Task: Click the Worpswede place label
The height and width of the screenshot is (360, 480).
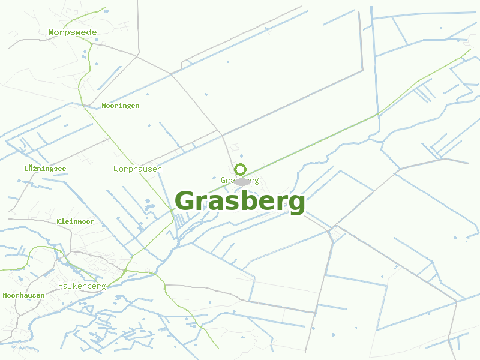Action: point(72,32)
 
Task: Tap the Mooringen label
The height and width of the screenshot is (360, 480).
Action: point(120,106)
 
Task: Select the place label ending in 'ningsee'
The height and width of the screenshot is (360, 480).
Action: point(45,169)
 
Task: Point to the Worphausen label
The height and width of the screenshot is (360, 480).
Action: point(137,169)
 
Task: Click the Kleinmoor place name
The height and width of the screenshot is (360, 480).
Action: point(75,222)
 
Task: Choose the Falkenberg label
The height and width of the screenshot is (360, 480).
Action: point(82,286)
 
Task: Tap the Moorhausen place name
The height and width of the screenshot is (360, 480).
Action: point(23,295)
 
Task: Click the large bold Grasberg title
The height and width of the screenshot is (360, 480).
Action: point(240,202)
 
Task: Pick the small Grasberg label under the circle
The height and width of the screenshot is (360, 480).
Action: point(239,181)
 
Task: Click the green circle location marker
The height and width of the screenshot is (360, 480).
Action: point(240,169)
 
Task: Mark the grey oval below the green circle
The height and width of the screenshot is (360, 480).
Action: point(242,181)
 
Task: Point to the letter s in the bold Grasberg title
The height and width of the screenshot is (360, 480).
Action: point(235,203)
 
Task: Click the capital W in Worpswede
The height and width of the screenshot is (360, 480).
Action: point(51,32)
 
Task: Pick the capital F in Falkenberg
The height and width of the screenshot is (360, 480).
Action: point(61,286)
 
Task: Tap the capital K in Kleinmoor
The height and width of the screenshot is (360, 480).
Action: point(59,222)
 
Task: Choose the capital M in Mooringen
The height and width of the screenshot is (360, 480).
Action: point(104,106)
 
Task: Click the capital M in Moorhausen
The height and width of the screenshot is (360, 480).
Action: point(5,295)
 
